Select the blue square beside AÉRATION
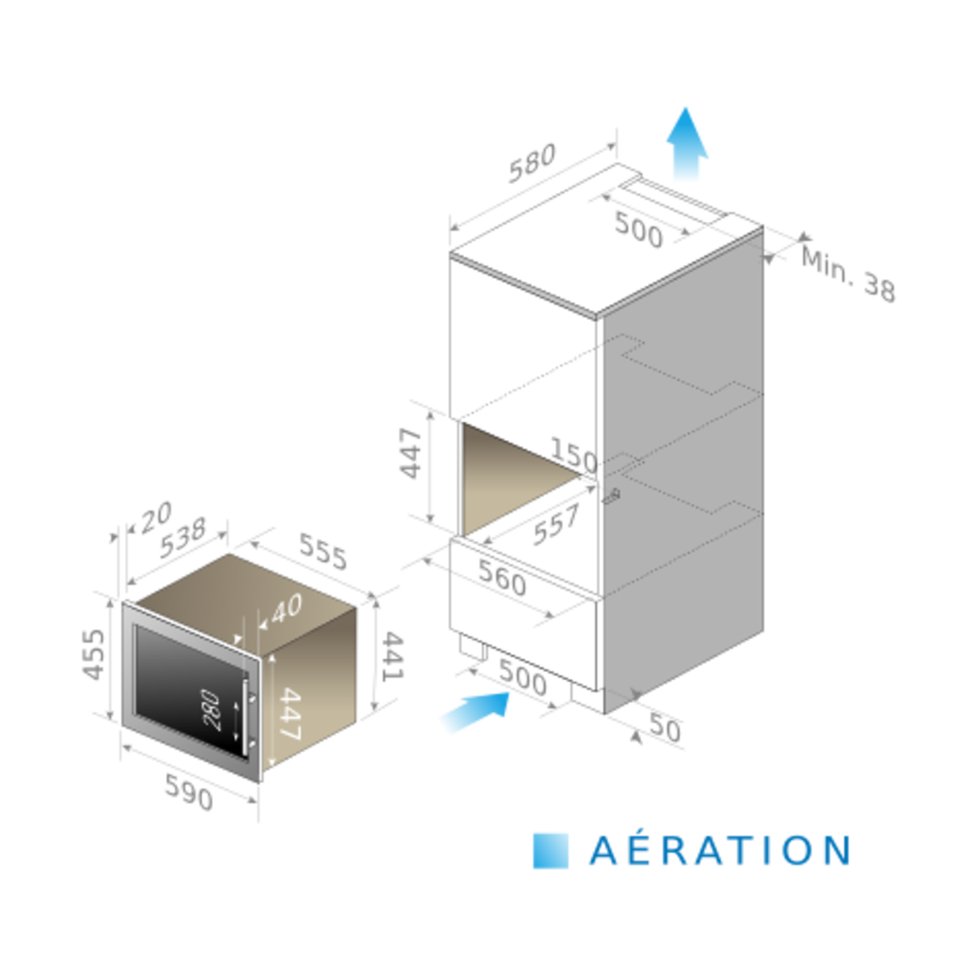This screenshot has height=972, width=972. coord(552,850)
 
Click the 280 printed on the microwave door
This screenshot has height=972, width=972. coord(211,710)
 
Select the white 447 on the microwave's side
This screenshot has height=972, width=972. coord(289,714)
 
